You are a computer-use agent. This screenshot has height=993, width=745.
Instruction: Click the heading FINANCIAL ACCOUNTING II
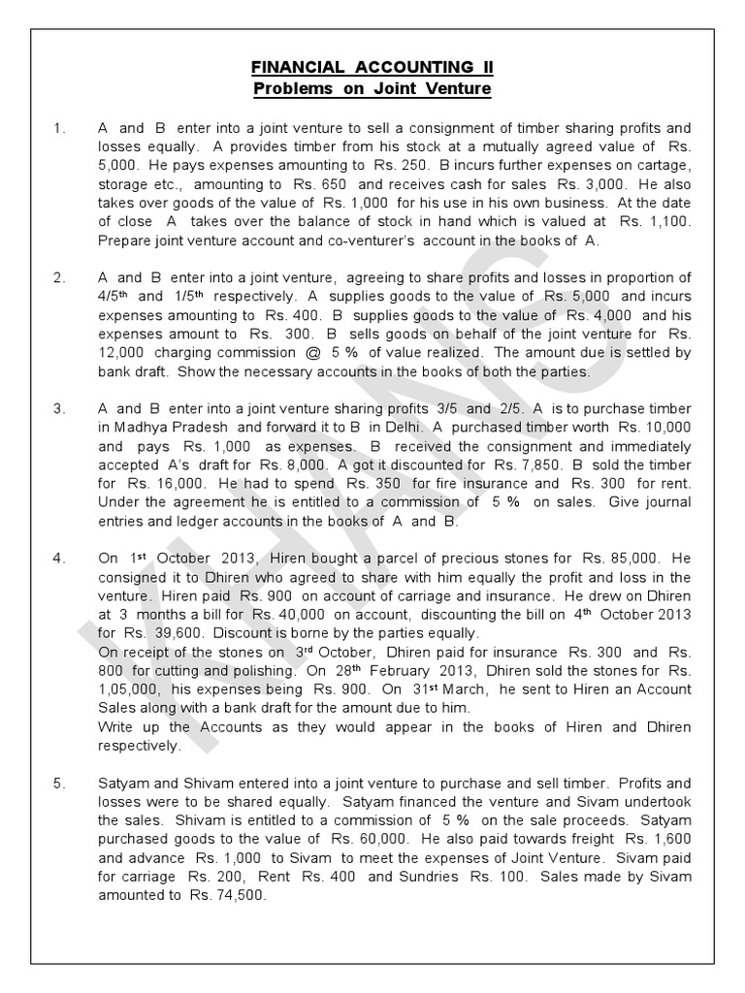(372, 68)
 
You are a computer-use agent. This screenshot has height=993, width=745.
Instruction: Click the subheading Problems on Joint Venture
(372, 89)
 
